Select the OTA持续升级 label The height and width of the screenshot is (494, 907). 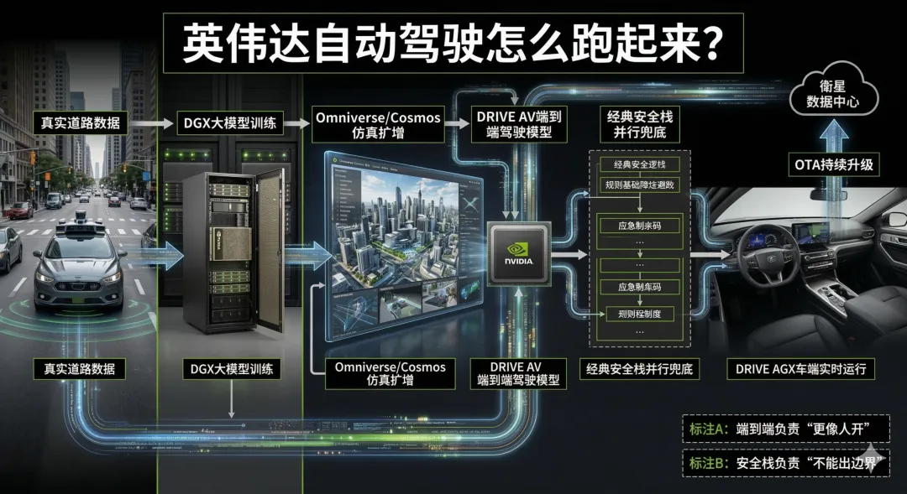(x=833, y=164)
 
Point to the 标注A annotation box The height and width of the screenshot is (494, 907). (x=784, y=429)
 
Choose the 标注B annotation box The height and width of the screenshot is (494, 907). (x=784, y=461)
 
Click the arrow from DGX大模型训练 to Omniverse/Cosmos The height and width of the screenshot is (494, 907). (x=293, y=122)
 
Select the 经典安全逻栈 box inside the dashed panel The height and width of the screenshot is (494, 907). (x=639, y=164)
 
